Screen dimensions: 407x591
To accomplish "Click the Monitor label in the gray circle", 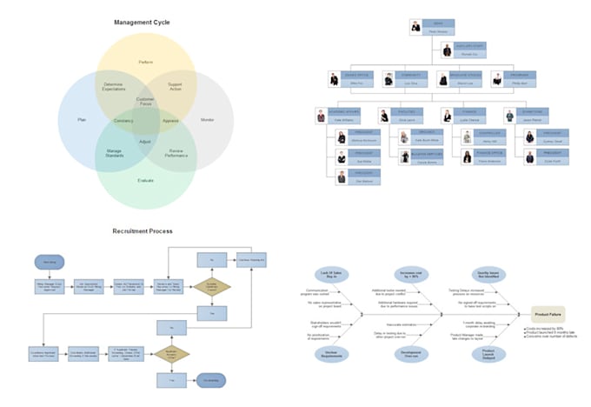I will (207, 118).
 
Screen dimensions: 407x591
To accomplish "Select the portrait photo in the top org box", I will (416, 27).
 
